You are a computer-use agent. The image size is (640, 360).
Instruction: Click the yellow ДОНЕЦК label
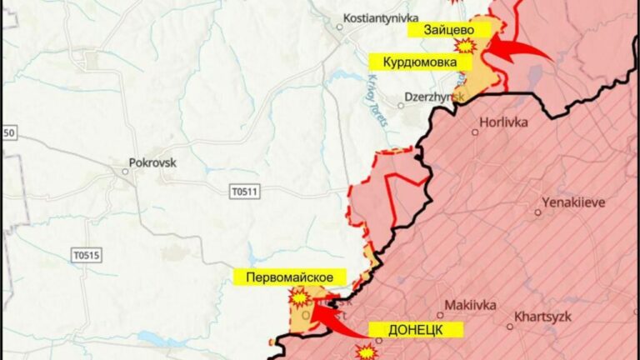tap(414, 329)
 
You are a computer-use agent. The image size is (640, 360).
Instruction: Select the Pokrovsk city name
tap(153, 163)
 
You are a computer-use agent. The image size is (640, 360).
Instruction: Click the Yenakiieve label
tap(574, 202)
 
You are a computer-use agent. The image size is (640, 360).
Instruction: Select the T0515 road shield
tap(86, 255)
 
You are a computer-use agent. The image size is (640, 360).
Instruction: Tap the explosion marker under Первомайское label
tap(297, 296)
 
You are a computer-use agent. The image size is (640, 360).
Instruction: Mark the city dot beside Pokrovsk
tap(125, 172)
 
